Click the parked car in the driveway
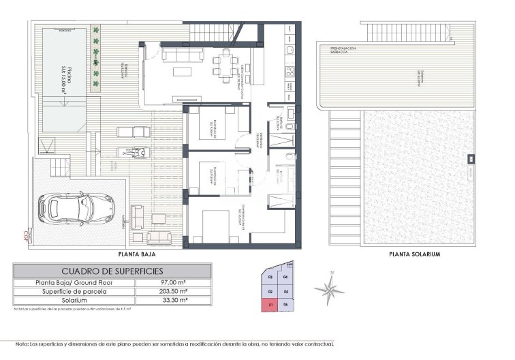point(76,208)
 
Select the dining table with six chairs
point(225,65)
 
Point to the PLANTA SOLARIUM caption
point(414,254)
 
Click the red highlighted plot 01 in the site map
point(270,305)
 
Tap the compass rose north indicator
point(329,288)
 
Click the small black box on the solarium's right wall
point(470,160)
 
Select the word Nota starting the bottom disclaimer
point(22,344)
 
